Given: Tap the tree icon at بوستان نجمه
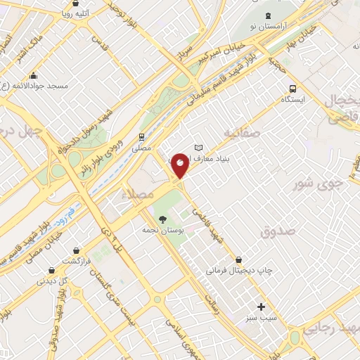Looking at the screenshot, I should [164, 219].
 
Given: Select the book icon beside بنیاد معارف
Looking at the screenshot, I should [199, 148].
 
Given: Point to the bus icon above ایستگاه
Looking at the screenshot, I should [293, 89].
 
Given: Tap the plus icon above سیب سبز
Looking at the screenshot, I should [261, 307].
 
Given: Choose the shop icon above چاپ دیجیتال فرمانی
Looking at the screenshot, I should [240, 259].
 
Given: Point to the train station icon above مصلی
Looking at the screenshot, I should [141, 136].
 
